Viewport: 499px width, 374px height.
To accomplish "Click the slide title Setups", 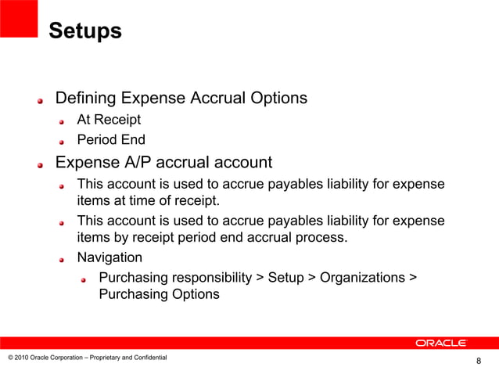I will tap(84, 32).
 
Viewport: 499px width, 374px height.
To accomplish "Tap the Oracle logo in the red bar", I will tap(440, 343).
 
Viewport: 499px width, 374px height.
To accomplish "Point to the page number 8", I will tap(479, 361).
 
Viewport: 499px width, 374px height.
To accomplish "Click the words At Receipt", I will tap(109, 120).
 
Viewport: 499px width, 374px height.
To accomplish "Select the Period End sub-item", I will tap(110, 141).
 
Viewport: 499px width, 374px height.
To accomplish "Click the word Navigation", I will tap(109, 257).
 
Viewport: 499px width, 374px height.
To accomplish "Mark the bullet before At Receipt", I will tap(65, 122).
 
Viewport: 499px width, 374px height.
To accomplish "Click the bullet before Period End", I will tap(65, 142).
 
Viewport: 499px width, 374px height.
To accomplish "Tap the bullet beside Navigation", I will tap(65, 258).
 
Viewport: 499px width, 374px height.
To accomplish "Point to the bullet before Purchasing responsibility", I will tap(87, 279).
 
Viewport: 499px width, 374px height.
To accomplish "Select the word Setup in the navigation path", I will tap(286, 277).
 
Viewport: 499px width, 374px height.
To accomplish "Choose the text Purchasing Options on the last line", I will tap(159, 295).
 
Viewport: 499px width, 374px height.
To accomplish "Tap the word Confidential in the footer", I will tap(148, 358).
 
